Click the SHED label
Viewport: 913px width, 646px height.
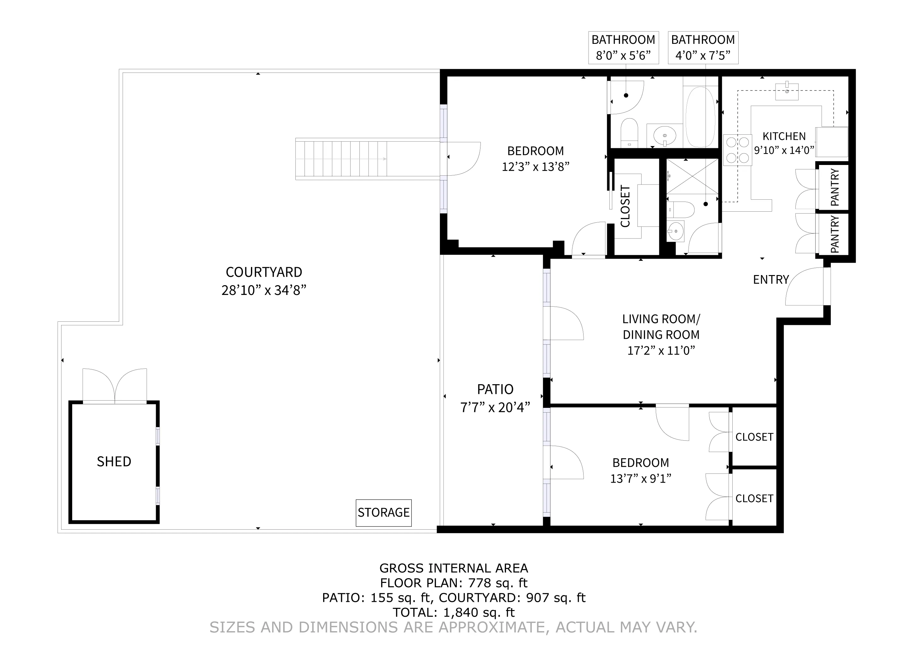coord(114,461)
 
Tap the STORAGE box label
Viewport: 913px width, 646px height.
coord(383,512)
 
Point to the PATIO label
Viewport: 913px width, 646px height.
coord(495,389)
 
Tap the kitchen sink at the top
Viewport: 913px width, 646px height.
coord(787,91)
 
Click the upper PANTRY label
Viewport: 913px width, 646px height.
coord(835,187)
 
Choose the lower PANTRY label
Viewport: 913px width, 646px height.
coord(835,234)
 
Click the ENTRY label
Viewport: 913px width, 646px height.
coord(771,280)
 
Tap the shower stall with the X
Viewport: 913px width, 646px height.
coord(692,176)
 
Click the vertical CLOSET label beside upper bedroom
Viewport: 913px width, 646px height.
coord(625,206)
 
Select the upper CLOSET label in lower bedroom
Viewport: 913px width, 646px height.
coord(754,437)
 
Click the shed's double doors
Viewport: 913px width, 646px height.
coord(114,385)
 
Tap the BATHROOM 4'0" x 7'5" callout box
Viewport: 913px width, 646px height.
coord(703,47)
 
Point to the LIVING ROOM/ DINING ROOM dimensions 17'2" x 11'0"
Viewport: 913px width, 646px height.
coord(661,350)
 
